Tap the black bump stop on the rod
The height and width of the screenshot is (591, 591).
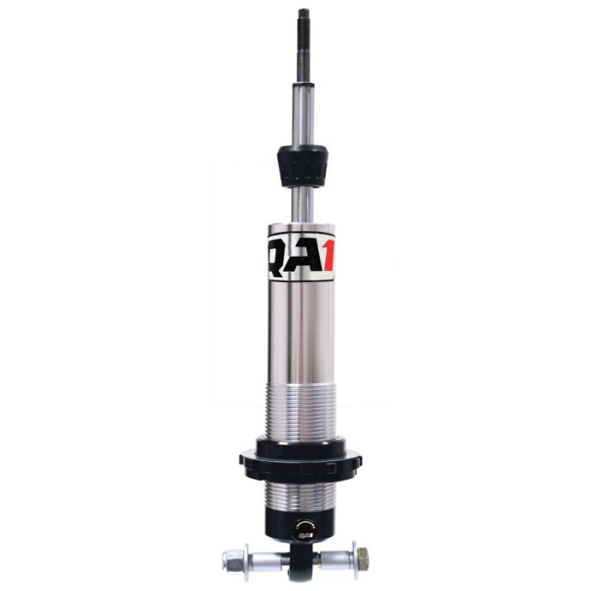coord(302,166)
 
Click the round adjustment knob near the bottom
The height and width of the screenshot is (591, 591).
coord(302,530)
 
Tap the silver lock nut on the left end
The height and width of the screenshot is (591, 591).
coord(233,559)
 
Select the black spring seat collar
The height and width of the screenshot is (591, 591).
coord(300,461)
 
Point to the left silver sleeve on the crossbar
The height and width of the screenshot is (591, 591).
coord(268,559)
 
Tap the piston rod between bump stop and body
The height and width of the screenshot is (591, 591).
coord(302,205)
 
